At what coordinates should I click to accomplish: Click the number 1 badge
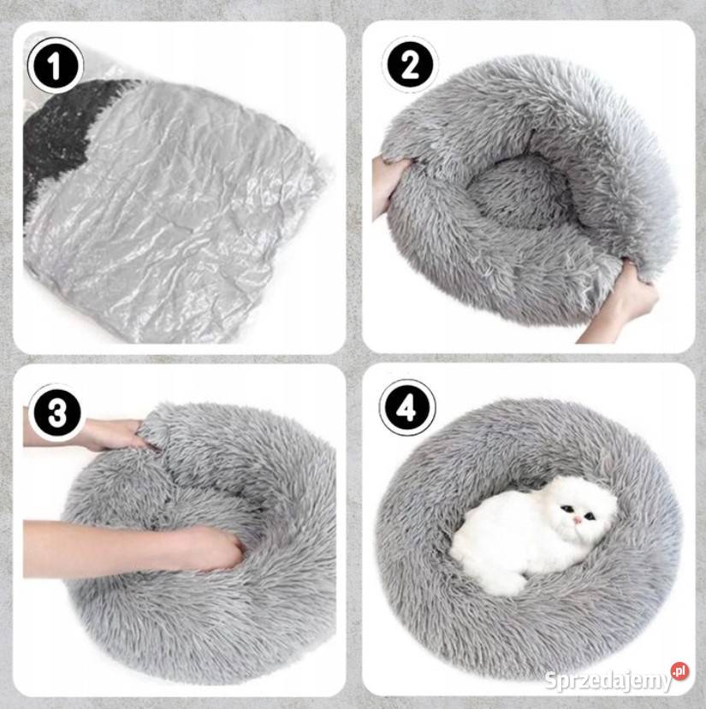click(56, 66)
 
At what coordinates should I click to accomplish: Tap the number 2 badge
click(410, 65)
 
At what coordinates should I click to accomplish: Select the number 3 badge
click(56, 412)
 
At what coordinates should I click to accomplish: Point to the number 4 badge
click(407, 408)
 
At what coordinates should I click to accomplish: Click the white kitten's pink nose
click(578, 521)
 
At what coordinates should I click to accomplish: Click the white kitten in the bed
click(533, 534)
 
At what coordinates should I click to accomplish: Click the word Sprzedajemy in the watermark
click(608, 680)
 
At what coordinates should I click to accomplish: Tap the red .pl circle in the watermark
click(680, 671)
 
